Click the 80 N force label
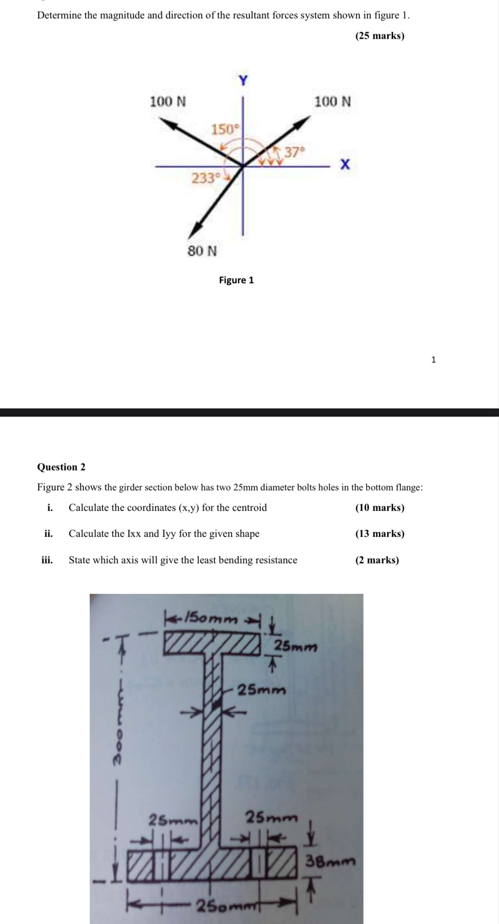(202, 251)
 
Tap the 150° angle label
(224, 129)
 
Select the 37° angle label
(294, 152)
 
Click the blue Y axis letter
(243, 81)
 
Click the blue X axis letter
(345, 164)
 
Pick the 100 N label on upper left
(168, 101)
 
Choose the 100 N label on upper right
(333, 101)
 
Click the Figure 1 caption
(236, 280)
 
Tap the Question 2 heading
(61, 467)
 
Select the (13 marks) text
(379, 533)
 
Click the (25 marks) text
(379, 36)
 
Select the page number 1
(433, 360)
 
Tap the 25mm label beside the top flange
(295, 646)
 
